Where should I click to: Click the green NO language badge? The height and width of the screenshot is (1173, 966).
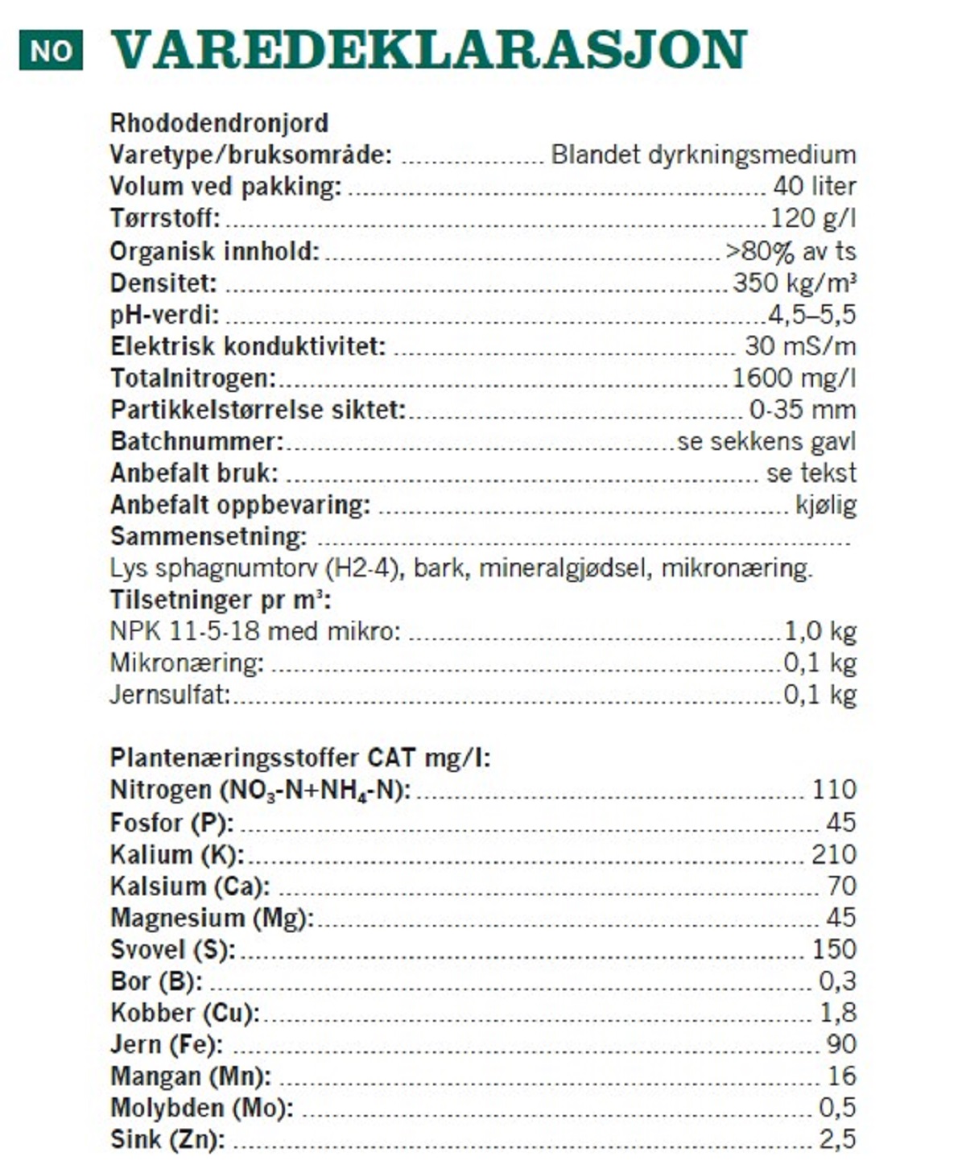tap(51, 51)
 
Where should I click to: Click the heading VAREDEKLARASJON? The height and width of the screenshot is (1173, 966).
tap(428, 50)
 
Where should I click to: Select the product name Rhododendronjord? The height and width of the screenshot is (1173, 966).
tap(219, 123)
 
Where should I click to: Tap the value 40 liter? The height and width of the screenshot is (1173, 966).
tap(814, 186)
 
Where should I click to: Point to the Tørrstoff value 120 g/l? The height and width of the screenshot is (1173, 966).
tap(812, 218)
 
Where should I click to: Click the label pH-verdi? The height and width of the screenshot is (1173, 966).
tap(164, 315)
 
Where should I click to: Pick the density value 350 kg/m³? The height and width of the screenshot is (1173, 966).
tap(794, 283)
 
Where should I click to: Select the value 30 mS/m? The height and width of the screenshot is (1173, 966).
tap(799, 346)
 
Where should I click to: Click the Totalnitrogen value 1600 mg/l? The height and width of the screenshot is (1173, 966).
tap(793, 378)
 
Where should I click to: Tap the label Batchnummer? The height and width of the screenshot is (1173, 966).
tap(197, 441)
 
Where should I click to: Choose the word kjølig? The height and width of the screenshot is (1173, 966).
tap(825, 505)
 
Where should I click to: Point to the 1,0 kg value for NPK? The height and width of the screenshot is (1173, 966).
tap(819, 631)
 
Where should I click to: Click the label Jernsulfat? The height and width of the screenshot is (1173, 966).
tap(170, 695)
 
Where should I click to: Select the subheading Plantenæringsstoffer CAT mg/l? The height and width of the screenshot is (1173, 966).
tap(299, 758)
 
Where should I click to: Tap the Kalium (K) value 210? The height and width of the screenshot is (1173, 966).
tap(833, 854)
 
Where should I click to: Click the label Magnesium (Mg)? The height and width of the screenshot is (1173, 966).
tap(212, 918)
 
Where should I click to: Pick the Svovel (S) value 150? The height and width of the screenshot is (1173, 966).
tap(833, 949)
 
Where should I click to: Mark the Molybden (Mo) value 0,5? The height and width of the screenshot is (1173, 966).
tap(837, 1108)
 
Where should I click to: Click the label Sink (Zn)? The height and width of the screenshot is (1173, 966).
tap(167, 1140)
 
